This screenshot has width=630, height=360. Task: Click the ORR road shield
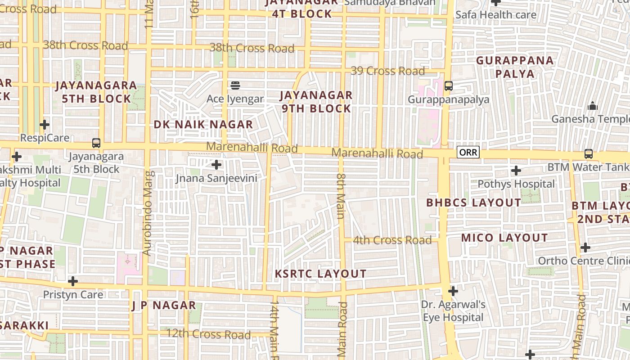click(468, 153)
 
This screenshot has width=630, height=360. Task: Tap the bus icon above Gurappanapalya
click(448, 85)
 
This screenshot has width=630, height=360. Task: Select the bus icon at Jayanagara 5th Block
click(96, 143)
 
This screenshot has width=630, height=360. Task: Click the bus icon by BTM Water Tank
click(588, 154)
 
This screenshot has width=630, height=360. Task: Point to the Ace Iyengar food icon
click(235, 85)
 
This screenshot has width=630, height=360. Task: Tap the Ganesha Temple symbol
click(593, 106)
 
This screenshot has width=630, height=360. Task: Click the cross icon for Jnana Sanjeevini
click(216, 165)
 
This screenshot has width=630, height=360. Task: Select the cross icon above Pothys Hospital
click(516, 171)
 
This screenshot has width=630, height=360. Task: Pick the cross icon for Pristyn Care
click(73, 281)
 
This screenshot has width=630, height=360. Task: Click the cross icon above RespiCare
click(45, 124)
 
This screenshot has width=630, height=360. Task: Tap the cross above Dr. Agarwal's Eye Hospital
click(453, 291)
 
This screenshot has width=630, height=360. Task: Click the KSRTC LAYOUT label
click(320, 274)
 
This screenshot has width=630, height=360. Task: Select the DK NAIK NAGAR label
click(203, 124)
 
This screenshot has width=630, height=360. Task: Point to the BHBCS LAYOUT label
click(473, 202)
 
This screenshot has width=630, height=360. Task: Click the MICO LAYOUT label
click(504, 238)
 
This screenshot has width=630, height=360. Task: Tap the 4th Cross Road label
click(392, 240)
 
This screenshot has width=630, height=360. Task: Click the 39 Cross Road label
click(387, 71)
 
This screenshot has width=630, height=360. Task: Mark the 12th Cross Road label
click(208, 334)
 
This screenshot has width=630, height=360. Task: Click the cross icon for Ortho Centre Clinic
click(585, 247)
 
